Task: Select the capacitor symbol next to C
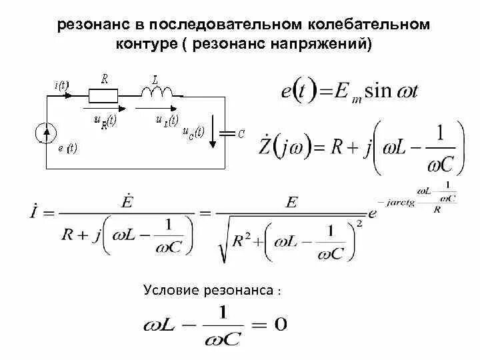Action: point(229,133)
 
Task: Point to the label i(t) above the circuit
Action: point(61,85)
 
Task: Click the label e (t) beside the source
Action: point(67,149)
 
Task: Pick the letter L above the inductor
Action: point(155,78)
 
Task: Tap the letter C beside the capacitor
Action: point(241,134)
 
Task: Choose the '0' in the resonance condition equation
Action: point(281,324)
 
